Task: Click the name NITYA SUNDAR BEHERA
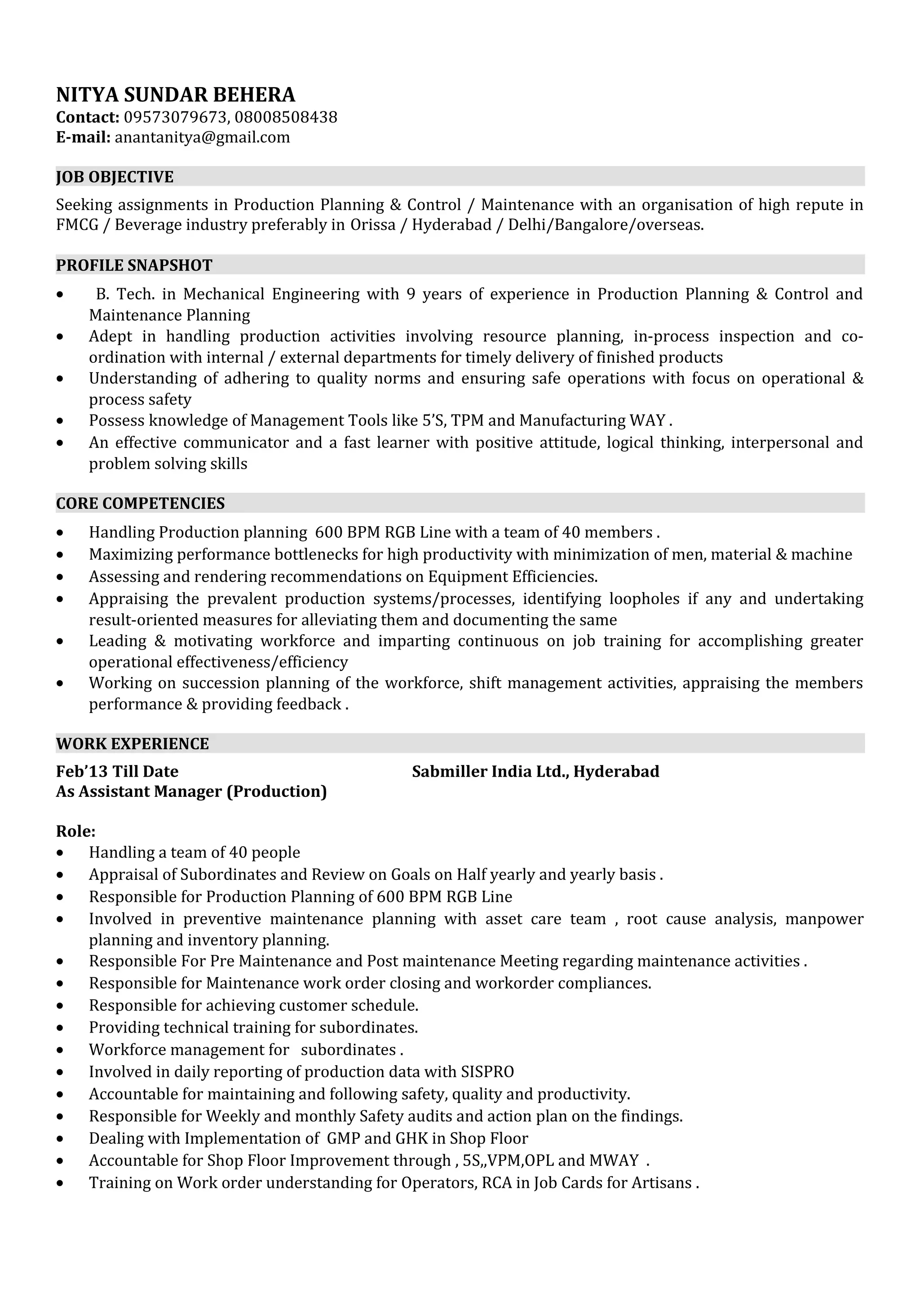(176, 94)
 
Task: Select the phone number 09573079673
(176, 117)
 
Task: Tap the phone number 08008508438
(286, 117)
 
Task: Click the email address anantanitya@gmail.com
(202, 137)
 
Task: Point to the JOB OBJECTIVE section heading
(115, 177)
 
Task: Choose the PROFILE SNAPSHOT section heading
(134, 265)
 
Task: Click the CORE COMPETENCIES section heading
(141, 503)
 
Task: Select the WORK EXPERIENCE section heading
(133, 743)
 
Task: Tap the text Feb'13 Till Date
(117, 771)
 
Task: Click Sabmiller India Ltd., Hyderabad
(535, 771)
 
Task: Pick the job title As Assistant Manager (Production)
(192, 791)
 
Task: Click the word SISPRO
(487, 1072)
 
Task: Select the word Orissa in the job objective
(372, 225)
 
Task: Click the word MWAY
(614, 1160)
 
